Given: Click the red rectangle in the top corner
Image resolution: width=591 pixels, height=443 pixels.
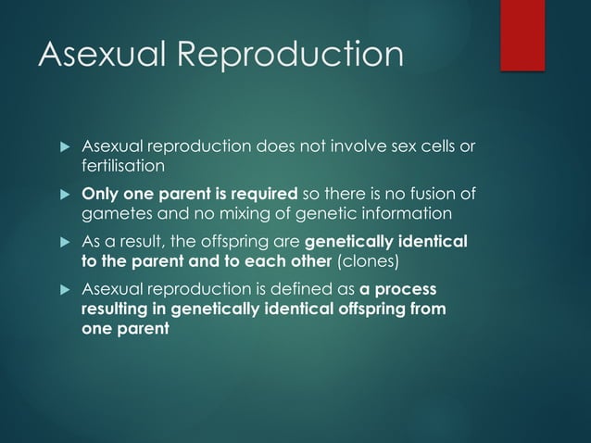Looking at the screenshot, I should click(522, 34).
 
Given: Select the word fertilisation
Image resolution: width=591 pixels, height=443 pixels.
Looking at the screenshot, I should click(123, 166).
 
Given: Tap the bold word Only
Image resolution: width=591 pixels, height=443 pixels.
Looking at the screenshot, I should click(100, 194).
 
